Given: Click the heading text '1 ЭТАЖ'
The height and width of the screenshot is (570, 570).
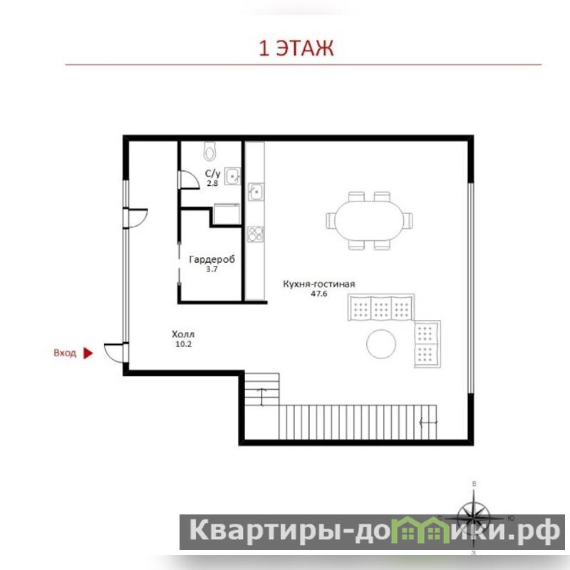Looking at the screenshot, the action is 296,48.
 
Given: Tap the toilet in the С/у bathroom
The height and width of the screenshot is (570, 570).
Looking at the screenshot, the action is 210,151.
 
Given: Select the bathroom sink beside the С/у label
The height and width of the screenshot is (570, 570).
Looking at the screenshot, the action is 232,176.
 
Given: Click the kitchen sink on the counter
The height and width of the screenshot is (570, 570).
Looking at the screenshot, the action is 256,191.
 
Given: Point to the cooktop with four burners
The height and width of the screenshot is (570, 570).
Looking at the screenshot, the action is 256,234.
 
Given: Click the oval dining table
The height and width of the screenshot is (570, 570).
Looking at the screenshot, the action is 369,220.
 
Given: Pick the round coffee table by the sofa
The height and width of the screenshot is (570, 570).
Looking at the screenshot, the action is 381,344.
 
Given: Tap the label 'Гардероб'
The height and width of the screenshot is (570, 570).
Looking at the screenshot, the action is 212,259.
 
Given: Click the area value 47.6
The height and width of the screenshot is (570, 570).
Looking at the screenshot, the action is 318,294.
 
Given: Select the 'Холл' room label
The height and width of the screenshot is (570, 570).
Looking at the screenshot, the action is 183,334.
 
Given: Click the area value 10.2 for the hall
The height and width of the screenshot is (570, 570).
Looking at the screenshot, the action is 183,344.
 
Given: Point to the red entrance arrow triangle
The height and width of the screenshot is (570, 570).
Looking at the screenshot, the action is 88,353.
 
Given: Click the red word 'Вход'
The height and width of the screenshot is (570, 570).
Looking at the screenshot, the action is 65,353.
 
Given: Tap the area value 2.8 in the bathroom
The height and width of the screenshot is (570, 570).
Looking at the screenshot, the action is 212,183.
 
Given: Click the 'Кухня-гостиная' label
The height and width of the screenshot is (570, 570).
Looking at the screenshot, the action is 318,284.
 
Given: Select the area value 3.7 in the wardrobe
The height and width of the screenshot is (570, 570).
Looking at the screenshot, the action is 212,269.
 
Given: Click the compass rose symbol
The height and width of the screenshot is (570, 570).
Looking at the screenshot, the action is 474,518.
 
